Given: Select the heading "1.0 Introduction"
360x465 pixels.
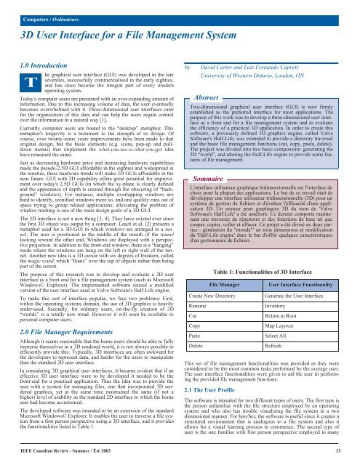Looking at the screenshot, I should point(35,66).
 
